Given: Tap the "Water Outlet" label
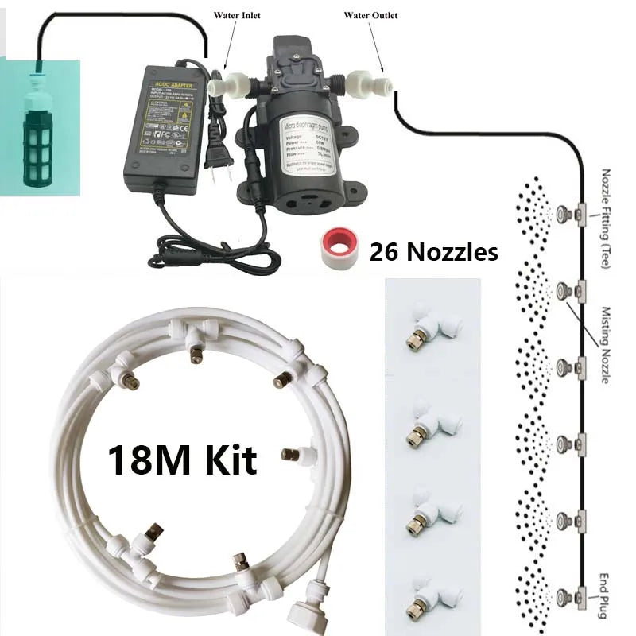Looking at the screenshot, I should click(x=370, y=15).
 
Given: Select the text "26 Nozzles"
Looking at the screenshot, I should click(x=434, y=252).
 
